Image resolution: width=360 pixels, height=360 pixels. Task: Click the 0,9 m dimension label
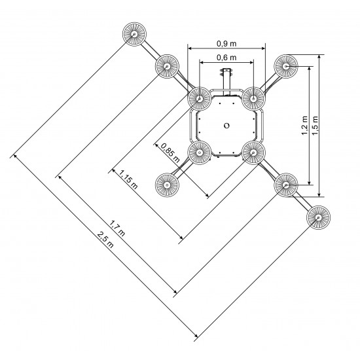(x=226, y=43)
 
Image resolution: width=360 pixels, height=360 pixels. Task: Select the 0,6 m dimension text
(x=226, y=58)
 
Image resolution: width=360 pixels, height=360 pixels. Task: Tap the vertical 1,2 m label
(x=304, y=126)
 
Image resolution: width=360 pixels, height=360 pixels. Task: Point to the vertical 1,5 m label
(x=315, y=126)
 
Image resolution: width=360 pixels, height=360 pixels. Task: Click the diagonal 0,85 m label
(x=170, y=153)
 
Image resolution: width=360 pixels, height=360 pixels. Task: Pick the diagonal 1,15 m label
(x=128, y=179)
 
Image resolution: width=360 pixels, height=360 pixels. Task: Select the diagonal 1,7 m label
(x=117, y=228)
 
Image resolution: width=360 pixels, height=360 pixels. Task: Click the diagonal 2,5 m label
(x=105, y=240)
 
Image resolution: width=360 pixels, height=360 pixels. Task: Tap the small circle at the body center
(x=226, y=126)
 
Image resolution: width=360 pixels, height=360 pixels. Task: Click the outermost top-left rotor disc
(x=134, y=34)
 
